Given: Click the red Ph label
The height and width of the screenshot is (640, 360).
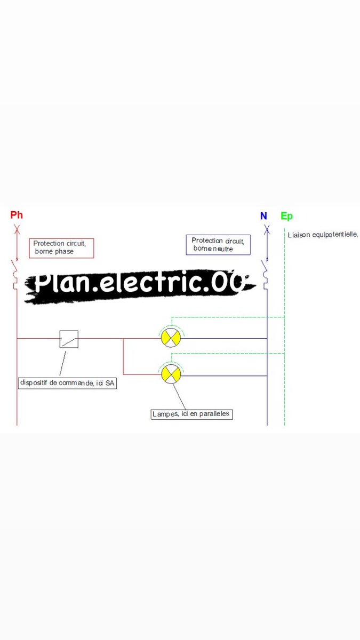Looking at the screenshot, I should click(x=17, y=215).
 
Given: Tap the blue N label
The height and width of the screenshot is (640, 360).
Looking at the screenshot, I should click(x=263, y=216).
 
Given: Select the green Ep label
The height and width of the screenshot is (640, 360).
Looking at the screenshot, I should click(x=286, y=216).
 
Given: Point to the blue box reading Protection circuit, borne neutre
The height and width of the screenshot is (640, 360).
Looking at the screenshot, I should click(x=218, y=245).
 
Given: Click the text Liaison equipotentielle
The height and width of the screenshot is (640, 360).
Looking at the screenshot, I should click(x=322, y=235).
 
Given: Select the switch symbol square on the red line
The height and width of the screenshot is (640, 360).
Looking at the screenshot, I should click(x=69, y=339).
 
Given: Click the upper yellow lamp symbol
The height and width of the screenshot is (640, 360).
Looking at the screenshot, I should click(x=171, y=338).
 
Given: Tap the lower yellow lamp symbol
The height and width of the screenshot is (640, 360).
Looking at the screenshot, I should click(x=171, y=374).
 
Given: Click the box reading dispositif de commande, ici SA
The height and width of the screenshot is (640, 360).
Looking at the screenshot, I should click(x=67, y=383).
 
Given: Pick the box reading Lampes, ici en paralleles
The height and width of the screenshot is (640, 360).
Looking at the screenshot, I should click(x=192, y=414).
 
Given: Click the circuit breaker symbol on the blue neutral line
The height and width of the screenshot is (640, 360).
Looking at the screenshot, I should click(x=265, y=272).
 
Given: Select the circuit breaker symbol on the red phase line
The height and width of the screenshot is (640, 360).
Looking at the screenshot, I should click(x=15, y=273).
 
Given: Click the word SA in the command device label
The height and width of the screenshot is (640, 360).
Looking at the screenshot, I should click(x=110, y=383).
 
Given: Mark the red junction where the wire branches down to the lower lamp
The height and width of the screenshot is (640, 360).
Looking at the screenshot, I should click(x=123, y=338).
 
